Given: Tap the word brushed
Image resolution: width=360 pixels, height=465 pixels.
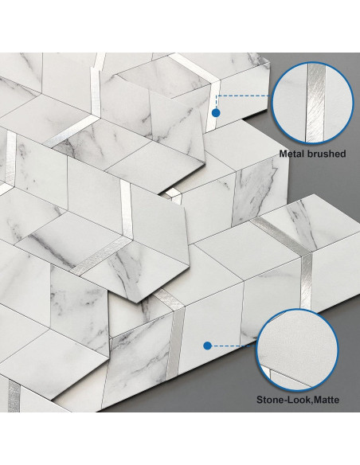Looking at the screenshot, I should click(326, 152).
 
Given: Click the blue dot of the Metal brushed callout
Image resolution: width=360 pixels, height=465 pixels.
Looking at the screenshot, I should click(215, 113).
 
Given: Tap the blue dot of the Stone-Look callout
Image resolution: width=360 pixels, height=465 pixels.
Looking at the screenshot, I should click(207, 346).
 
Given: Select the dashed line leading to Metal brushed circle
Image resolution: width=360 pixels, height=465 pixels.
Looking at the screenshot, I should click(243, 96).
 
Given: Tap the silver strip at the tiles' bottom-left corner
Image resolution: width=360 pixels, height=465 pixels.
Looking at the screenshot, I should click(14, 395).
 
